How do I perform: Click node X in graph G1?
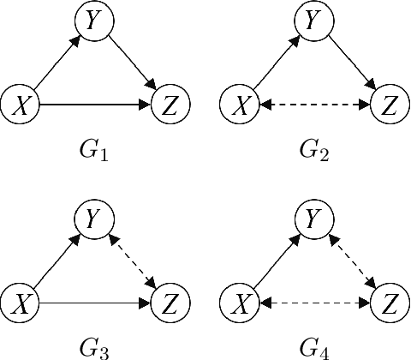18,105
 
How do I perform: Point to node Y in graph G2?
315,21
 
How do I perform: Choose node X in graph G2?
239,105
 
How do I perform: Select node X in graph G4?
239,303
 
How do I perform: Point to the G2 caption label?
315,154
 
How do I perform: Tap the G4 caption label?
315,349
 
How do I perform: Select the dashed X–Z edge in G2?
315,105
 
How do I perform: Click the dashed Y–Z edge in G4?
354,261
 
